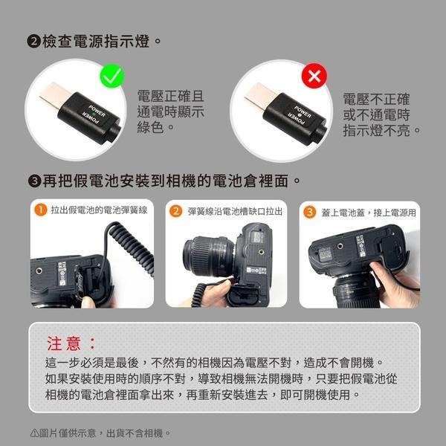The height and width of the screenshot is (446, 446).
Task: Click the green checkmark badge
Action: tap(111, 77)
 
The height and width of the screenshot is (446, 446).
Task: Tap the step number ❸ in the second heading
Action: tap(33, 181)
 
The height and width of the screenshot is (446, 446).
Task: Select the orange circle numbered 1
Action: tap(41, 211)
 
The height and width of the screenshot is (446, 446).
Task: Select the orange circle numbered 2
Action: tap(176, 211)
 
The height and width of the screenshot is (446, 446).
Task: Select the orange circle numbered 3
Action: tap(311, 211)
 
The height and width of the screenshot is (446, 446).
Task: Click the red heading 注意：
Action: tap(71, 343)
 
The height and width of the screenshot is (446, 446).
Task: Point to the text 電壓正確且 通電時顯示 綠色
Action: tap(170, 112)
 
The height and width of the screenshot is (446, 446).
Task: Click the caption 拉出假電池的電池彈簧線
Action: tap(98, 212)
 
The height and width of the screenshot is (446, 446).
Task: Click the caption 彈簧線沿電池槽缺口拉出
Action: tap(234, 212)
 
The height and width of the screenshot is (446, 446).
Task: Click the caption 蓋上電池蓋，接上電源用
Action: tap(368, 212)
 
